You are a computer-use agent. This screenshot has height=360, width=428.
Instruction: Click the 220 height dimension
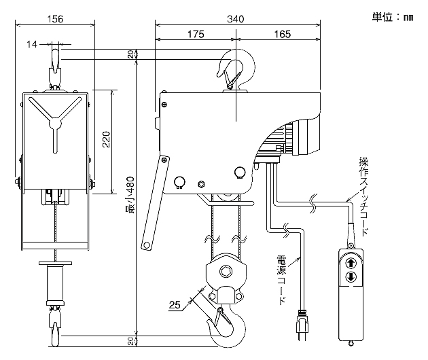(x=105, y=141)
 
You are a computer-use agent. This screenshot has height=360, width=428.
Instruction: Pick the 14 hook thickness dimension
(x=32, y=44)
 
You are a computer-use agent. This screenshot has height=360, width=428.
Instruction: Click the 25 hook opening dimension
(x=175, y=306)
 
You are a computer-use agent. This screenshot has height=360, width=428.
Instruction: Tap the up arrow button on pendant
(x=351, y=263)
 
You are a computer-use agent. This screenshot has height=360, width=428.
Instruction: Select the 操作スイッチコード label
(x=364, y=197)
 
